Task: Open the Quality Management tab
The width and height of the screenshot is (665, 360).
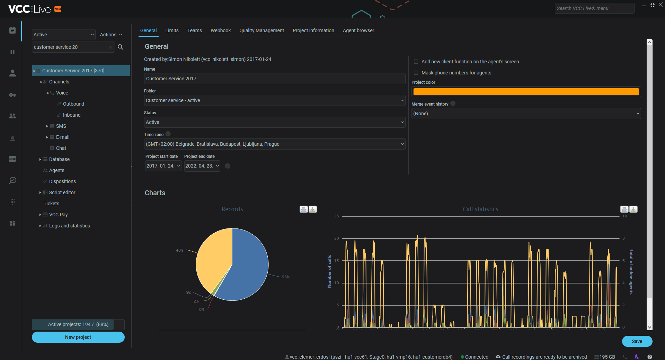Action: (x=261, y=30)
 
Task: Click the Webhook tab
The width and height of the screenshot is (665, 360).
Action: (x=221, y=30)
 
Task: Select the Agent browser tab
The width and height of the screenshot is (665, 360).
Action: (x=358, y=30)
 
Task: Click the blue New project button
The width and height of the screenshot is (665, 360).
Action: (x=78, y=337)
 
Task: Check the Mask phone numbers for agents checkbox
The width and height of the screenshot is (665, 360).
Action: (x=416, y=73)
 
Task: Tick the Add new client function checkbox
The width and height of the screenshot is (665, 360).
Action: (x=416, y=62)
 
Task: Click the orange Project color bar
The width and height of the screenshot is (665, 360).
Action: (x=526, y=92)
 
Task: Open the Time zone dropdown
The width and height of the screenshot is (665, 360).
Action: (x=274, y=144)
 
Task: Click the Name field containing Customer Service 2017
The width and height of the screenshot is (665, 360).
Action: (x=274, y=79)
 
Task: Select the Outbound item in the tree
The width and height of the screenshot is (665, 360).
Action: (x=73, y=104)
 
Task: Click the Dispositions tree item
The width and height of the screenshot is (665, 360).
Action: (x=62, y=181)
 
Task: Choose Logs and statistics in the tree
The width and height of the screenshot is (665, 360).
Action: (x=69, y=226)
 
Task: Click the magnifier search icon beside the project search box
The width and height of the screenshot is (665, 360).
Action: (x=121, y=47)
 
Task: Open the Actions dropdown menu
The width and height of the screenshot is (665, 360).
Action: (x=111, y=35)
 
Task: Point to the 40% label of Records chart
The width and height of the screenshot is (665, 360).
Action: (x=179, y=250)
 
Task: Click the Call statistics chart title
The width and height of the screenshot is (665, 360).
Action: (x=480, y=209)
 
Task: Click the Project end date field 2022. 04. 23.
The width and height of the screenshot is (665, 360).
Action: (x=199, y=166)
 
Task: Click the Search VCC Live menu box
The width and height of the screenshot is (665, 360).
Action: (x=594, y=8)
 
